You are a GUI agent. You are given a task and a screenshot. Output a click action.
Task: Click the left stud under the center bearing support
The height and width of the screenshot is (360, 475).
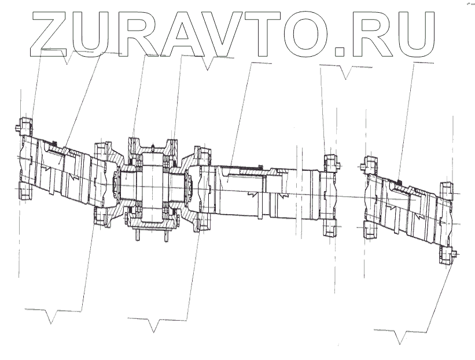click(x=139, y=236)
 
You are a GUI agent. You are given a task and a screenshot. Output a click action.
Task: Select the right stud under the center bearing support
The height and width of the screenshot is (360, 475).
click(x=165, y=236)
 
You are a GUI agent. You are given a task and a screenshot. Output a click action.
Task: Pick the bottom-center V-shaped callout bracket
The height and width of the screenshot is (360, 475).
click(x=153, y=326)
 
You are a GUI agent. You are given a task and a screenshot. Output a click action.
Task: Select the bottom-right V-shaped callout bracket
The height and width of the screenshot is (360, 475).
click(x=399, y=337)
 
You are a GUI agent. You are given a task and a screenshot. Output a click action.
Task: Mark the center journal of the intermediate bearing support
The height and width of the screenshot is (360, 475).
click(x=152, y=185)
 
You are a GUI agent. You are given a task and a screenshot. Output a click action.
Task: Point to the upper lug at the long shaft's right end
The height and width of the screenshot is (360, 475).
click(x=331, y=160)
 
